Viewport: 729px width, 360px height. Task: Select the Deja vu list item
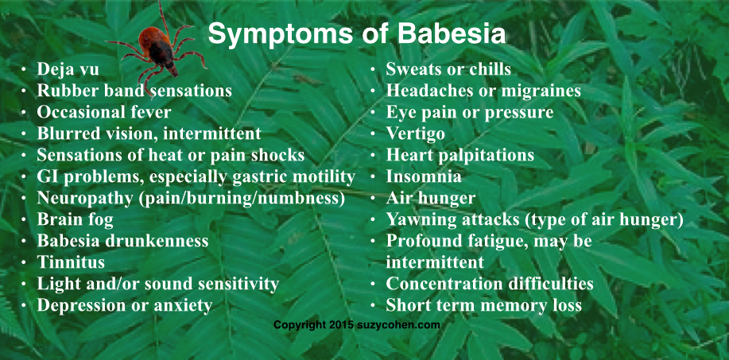click(x=68, y=69)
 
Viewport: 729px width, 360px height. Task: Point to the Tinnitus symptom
click(x=71, y=262)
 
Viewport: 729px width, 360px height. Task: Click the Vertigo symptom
click(x=415, y=134)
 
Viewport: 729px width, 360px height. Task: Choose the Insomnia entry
click(x=424, y=176)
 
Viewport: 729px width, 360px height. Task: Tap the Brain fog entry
click(x=75, y=219)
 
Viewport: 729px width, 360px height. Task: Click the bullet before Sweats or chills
click(x=373, y=70)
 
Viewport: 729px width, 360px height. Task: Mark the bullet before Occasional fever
click(x=24, y=113)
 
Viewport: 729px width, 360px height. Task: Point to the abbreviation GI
click(x=47, y=176)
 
